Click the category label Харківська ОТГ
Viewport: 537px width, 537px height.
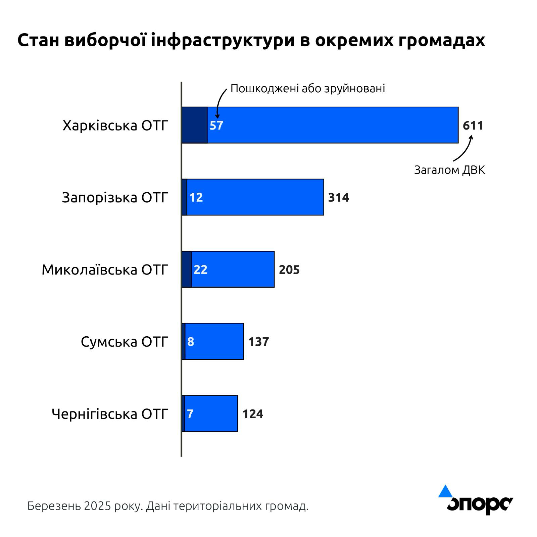(x=115, y=126)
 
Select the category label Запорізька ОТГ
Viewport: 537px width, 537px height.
(x=115, y=198)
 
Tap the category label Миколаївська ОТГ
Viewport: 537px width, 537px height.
(x=105, y=270)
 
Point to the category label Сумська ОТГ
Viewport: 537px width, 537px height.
(x=124, y=342)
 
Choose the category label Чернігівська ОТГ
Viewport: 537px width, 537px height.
(x=110, y=414)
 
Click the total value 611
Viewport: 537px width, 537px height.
(x=473, y=126)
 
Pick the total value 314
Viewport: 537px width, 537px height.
(x=338, y=197)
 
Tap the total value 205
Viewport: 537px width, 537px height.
(x=289, y=270)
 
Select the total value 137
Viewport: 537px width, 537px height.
(x=258, y=342)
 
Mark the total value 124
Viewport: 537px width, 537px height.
(x=253, y=414)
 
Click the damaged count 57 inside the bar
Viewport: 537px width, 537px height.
(x=216, y=126)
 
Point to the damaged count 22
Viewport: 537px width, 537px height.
(x=200, y=270)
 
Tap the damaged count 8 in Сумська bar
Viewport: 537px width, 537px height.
(x=191, y=342)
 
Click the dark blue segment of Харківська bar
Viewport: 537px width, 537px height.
(x=195, y=125)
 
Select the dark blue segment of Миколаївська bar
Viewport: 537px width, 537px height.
(x=187, y=269)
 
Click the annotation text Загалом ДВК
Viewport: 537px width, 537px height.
(x=449, y=170)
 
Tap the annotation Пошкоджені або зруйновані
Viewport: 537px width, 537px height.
(x=308, y=89)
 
